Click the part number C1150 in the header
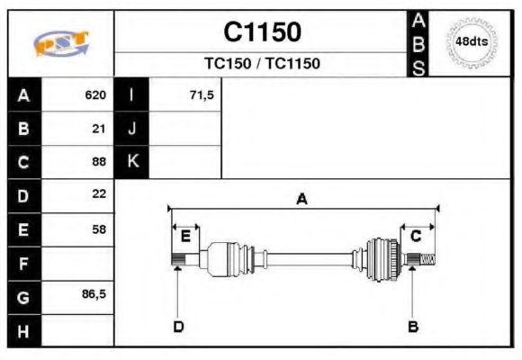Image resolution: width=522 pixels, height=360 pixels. [x=262, y=32]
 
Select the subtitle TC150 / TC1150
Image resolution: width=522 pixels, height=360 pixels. [x=262, y=64]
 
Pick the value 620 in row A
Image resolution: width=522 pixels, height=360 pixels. [x=95, y=95]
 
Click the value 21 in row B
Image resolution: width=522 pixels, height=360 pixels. [x=99, y=129]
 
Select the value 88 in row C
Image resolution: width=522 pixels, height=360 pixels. [x=99, y=162]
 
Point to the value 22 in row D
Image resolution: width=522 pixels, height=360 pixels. [x=99, y=194]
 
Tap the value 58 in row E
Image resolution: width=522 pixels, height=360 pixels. [x=99, y=229]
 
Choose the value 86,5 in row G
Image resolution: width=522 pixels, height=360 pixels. [x=94, y=294]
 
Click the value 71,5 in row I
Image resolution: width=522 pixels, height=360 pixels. [x=202, y=95]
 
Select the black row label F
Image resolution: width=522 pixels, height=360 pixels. [x=22, y=264]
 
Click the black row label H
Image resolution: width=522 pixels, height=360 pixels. [x=22, y=330]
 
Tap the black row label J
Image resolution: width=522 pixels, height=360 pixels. [x=131, y=129]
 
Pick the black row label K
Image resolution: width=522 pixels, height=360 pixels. [x=131, y=162]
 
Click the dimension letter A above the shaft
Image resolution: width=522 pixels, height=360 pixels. [x=301, y=200]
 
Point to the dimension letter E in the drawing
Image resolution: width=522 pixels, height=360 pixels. [x=184, y=237]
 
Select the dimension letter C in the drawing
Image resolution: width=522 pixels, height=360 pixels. [x=416, y=236]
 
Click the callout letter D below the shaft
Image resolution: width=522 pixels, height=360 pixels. [x=178, y=327]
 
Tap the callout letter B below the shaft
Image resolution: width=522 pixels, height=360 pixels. [x=413, y=327]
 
